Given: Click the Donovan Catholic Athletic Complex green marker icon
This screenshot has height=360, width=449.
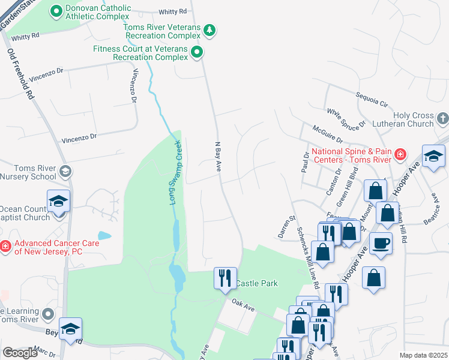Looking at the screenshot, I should (56, 11).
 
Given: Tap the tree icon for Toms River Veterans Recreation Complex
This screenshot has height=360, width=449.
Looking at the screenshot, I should (209, 29).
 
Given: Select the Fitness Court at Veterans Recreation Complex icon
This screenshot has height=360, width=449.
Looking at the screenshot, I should (197, 53).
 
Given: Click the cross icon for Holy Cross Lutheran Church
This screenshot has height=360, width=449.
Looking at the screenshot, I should (442, 118).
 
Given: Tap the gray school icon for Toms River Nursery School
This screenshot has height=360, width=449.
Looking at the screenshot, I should (65, 172).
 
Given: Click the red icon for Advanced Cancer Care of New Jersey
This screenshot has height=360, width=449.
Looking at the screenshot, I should (5, 246).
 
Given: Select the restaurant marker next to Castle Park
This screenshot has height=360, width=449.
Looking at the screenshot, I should (224, 278).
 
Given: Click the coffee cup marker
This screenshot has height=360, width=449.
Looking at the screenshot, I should (381, 244).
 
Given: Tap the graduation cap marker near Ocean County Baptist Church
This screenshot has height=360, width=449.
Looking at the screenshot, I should (59, 200).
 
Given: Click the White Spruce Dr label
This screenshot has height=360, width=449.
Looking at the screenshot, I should (346, 118).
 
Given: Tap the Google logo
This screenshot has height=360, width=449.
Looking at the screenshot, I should (20, 352).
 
